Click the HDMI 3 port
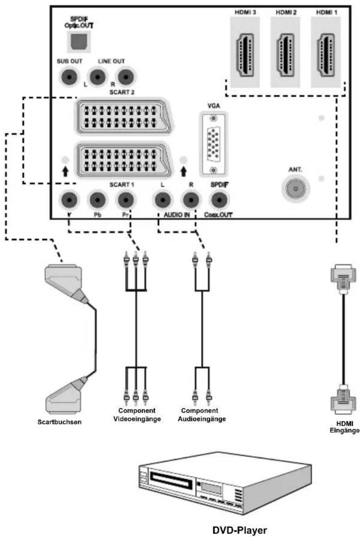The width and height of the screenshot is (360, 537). [245, 55]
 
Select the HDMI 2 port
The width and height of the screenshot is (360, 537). [286, 55]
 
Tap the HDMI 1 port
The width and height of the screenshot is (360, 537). [326, 55]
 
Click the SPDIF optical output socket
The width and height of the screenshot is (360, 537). [79, 41]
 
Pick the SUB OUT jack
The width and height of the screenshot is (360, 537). [69, 77]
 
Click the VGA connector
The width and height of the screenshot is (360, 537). [213, 144]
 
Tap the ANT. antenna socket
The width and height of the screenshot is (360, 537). [296, 189]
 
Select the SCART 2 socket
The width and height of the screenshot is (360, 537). [124, 116]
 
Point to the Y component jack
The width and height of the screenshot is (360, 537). [69, 200]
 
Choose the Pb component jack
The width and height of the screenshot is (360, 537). [97, 200]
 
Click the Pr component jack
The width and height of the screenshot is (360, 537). [126, 200]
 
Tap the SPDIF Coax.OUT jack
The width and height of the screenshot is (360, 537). [219, 200]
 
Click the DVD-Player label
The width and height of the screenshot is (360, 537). [240, 530]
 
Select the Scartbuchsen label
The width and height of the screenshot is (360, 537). [59, 422]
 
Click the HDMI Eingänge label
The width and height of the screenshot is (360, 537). [344, 427]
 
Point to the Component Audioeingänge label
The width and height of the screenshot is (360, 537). [202, 415]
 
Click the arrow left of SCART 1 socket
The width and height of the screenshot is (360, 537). [65, 172]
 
